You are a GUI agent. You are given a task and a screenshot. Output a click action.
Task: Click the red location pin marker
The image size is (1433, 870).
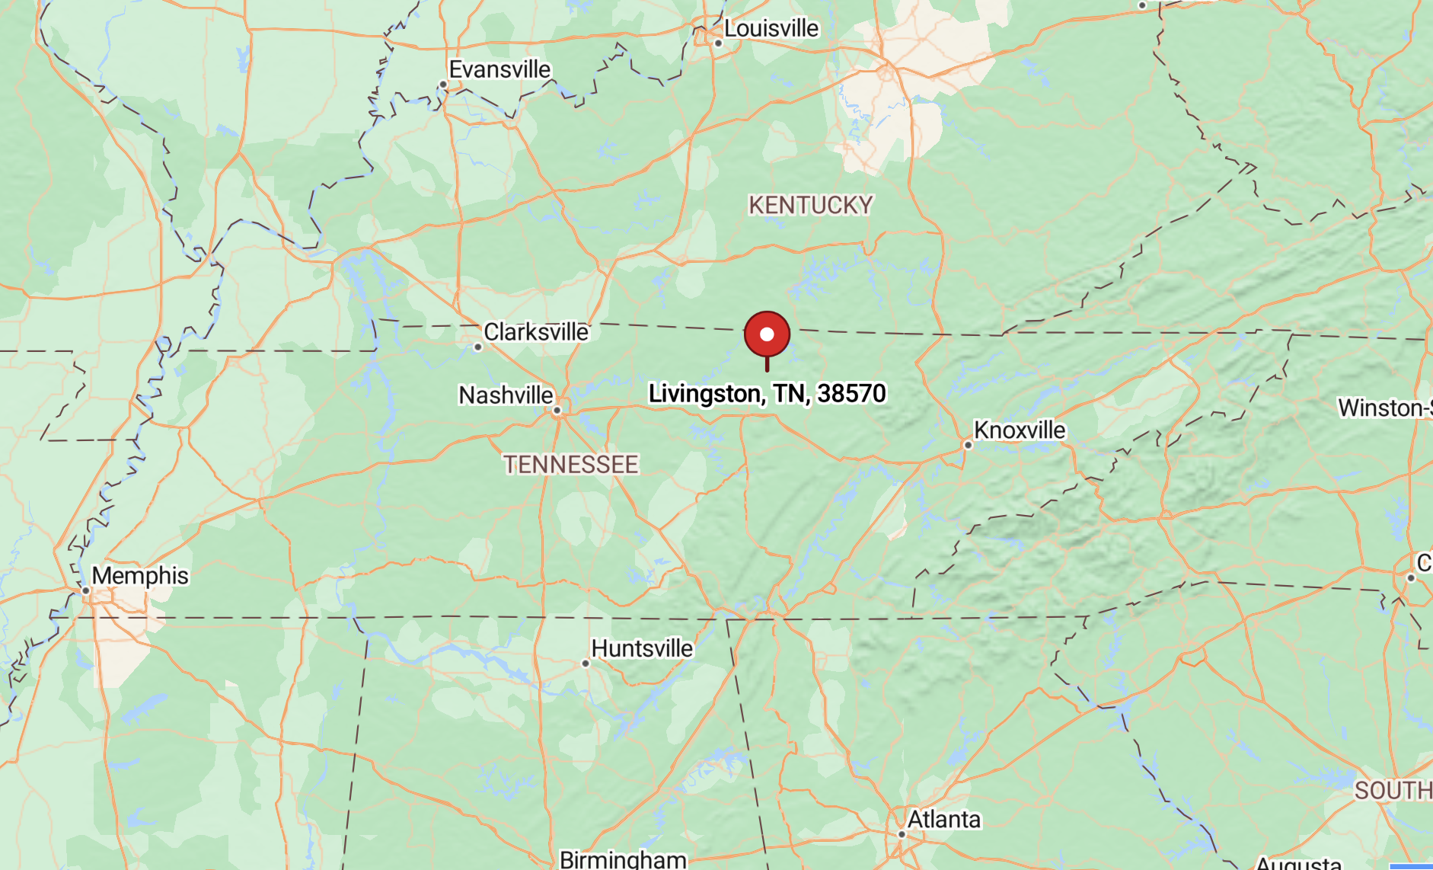pyautogui.click(x=767, y=334)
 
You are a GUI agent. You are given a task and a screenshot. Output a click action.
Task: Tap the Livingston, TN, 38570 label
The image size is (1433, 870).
pyautogui.click(x=767, y=393)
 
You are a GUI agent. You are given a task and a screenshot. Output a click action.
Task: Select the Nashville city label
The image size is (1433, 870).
pyautogui.click(x=506, y=395)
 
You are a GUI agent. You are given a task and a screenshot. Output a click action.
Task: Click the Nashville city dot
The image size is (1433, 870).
pyautogui.click(x=557, y=411)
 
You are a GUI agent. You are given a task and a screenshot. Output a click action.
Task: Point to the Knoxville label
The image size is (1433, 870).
pyautogui.click(x=1020, y=430)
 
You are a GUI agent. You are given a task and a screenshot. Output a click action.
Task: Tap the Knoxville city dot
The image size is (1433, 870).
pyautogui.click(x=968, y=445)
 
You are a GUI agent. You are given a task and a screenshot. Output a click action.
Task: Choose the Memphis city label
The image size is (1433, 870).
pyautogui.click(x=140, y=575)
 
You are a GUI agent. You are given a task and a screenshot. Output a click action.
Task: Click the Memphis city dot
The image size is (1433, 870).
pyautogui.click(x=86, y=590)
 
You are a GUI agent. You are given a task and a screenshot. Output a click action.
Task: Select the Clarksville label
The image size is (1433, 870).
pyautogui.click(x=536, y=332)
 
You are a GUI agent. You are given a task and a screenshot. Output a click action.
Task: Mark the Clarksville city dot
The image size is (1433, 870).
pyautogui.click(x=478, y=347)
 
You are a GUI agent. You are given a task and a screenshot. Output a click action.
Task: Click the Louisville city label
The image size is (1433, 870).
pyautogui.click(x=771, y=29)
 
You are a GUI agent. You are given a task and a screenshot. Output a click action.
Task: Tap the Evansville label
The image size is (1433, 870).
pyautogui.click(x=499, y=69)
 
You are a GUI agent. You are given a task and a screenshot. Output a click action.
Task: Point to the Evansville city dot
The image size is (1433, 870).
pyautogui.click(x=443, y=85)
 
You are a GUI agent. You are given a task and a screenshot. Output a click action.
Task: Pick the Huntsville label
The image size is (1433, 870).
pyautogui.click(x=642, y=648)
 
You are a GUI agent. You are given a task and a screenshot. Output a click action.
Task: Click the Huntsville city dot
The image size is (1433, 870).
pyautogui.click(x=586, y=664)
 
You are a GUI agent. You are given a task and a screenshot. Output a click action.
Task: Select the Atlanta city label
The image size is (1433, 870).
pyautogui.click(x=944, y=819)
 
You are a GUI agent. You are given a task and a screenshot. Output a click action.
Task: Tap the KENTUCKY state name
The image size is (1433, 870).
pyautogui.click(x=810, y=205)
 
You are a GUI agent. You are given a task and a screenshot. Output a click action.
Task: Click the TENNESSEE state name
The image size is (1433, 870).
pyautogui.click(x=570, y=464)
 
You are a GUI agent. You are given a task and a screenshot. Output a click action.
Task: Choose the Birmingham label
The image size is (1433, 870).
pyautogui.click(x=623, y=859)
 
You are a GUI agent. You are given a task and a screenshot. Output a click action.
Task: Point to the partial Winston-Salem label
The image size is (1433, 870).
pyautogui.click(x=1385, y=408)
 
